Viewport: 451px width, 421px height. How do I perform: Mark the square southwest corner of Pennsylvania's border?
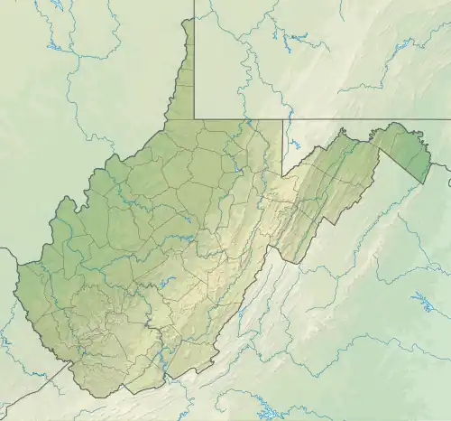click(x=193, y=118)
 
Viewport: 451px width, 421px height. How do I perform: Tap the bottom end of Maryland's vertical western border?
click(x=283, y=175)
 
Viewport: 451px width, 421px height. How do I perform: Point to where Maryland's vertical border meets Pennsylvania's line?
click(x=283, y=118)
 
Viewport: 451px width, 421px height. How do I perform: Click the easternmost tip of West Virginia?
click(x=430, y=165)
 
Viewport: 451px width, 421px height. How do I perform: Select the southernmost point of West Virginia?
click(x=93, y=395)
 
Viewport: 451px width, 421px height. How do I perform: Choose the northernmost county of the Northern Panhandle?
click(x=188, y=36)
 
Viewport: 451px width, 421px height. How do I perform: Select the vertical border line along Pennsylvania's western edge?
click(x=193, y=63)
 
